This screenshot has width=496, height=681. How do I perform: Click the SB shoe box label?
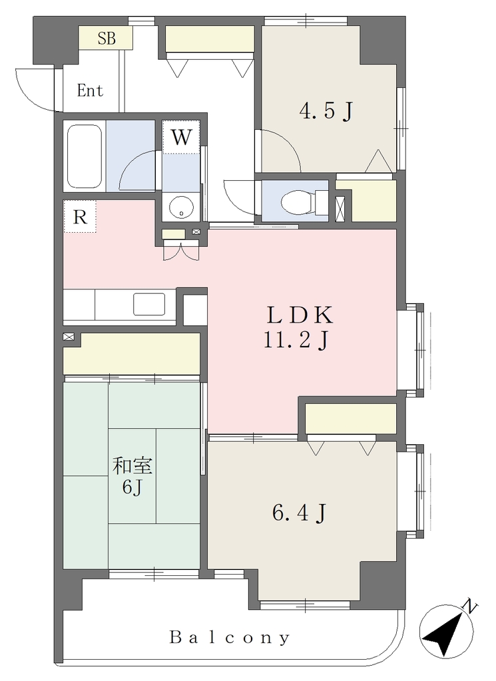tap(107, 38)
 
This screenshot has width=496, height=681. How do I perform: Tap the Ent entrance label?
tap(90, 90)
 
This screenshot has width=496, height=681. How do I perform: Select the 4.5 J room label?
tap(325, 111)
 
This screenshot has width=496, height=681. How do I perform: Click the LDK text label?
tap(300, 315)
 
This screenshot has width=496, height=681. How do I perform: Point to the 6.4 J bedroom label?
tap(299, 514)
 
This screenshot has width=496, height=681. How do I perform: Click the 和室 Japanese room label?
tap(132, 466)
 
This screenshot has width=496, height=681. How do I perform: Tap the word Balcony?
tap(230, 638)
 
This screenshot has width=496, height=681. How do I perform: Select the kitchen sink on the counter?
tap(149, 304)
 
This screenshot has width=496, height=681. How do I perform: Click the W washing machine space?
tap(181, 137)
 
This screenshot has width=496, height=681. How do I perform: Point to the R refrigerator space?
tap(80, 216)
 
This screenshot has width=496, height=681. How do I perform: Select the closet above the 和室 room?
tap(132, 354)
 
